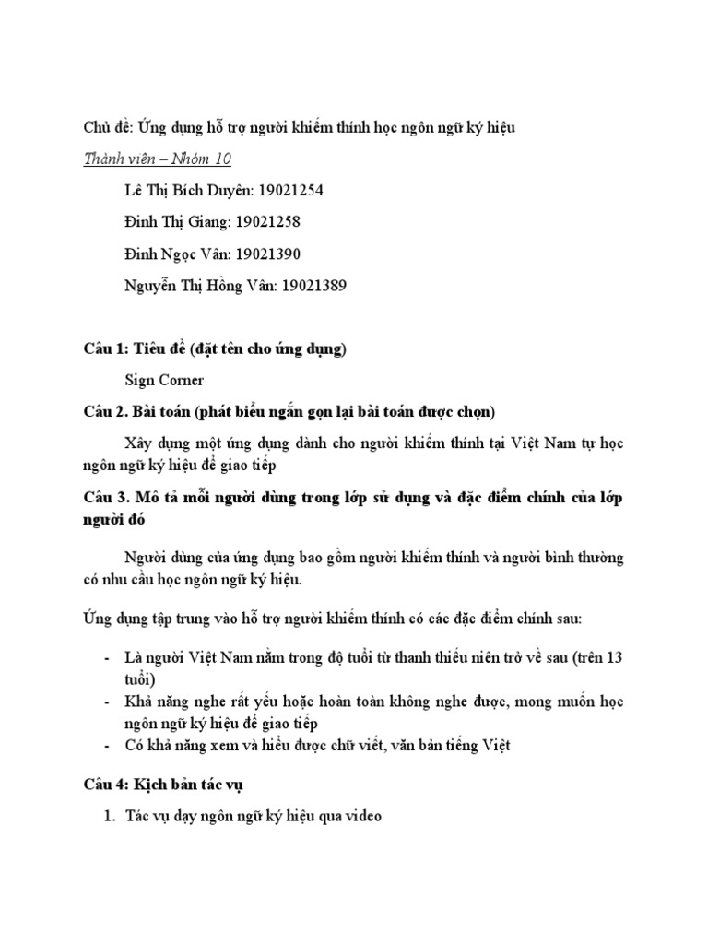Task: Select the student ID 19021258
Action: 268,222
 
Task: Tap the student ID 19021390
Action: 268,254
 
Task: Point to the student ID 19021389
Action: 313,285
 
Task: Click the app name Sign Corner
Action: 164,379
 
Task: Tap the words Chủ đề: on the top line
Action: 108,128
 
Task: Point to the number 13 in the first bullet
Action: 614,658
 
